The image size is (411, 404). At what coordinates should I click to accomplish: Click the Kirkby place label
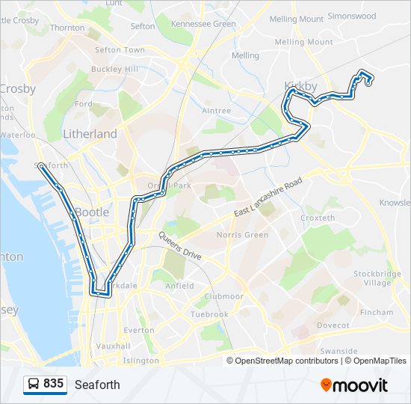[x=300, y=85]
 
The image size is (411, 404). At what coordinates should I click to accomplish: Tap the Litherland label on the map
[x=90, y=134]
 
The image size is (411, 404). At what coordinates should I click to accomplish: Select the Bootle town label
[x=92, y=212]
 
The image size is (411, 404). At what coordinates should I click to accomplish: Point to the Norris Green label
[x=242, y=235]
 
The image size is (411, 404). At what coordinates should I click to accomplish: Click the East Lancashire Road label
[x=268, y=198]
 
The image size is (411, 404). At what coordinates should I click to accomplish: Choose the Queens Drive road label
[x=179, y=246]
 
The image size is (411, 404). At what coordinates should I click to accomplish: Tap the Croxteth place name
[x=317, y=218]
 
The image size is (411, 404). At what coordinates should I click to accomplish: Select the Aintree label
[x=217, y=111]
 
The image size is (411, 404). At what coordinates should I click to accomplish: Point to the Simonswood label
[x=352, y=16]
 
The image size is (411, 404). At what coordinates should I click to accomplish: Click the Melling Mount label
[x=303, y=43]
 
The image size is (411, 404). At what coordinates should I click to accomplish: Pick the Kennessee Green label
[x=203, y=24]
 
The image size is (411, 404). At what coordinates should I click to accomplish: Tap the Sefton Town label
[x=120, y=50]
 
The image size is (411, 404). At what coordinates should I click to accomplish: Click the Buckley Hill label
[x=114, y=69]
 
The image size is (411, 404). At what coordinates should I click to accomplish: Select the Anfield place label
[x=179, y=286]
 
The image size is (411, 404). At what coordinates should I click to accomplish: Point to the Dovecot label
[x=333, y=325]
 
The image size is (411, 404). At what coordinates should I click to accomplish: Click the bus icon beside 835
[x=34, y=384]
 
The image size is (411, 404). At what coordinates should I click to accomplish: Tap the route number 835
[x=54, y=384]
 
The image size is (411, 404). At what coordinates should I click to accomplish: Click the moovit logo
[x=354, y=385]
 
